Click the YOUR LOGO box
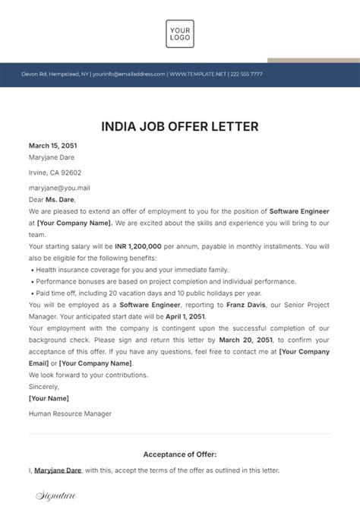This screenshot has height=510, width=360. [x=180, y=33]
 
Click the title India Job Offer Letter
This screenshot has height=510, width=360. [x=180, y=125]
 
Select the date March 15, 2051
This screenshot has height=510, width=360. [x=52, y=145]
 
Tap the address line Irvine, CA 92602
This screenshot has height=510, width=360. [x=55, y=173]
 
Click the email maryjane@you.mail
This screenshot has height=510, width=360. [x=59, y=188]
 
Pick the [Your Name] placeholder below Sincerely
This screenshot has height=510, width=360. [x=49, y=398]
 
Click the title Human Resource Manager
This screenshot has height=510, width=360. [x=70, y=413]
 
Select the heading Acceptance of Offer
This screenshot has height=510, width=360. [x=180, y=455]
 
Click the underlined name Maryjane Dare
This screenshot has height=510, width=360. [x=58, y=471]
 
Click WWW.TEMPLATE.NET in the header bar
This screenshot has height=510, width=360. [x=200, y=74]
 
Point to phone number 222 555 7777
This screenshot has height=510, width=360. [x=246, y=74]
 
